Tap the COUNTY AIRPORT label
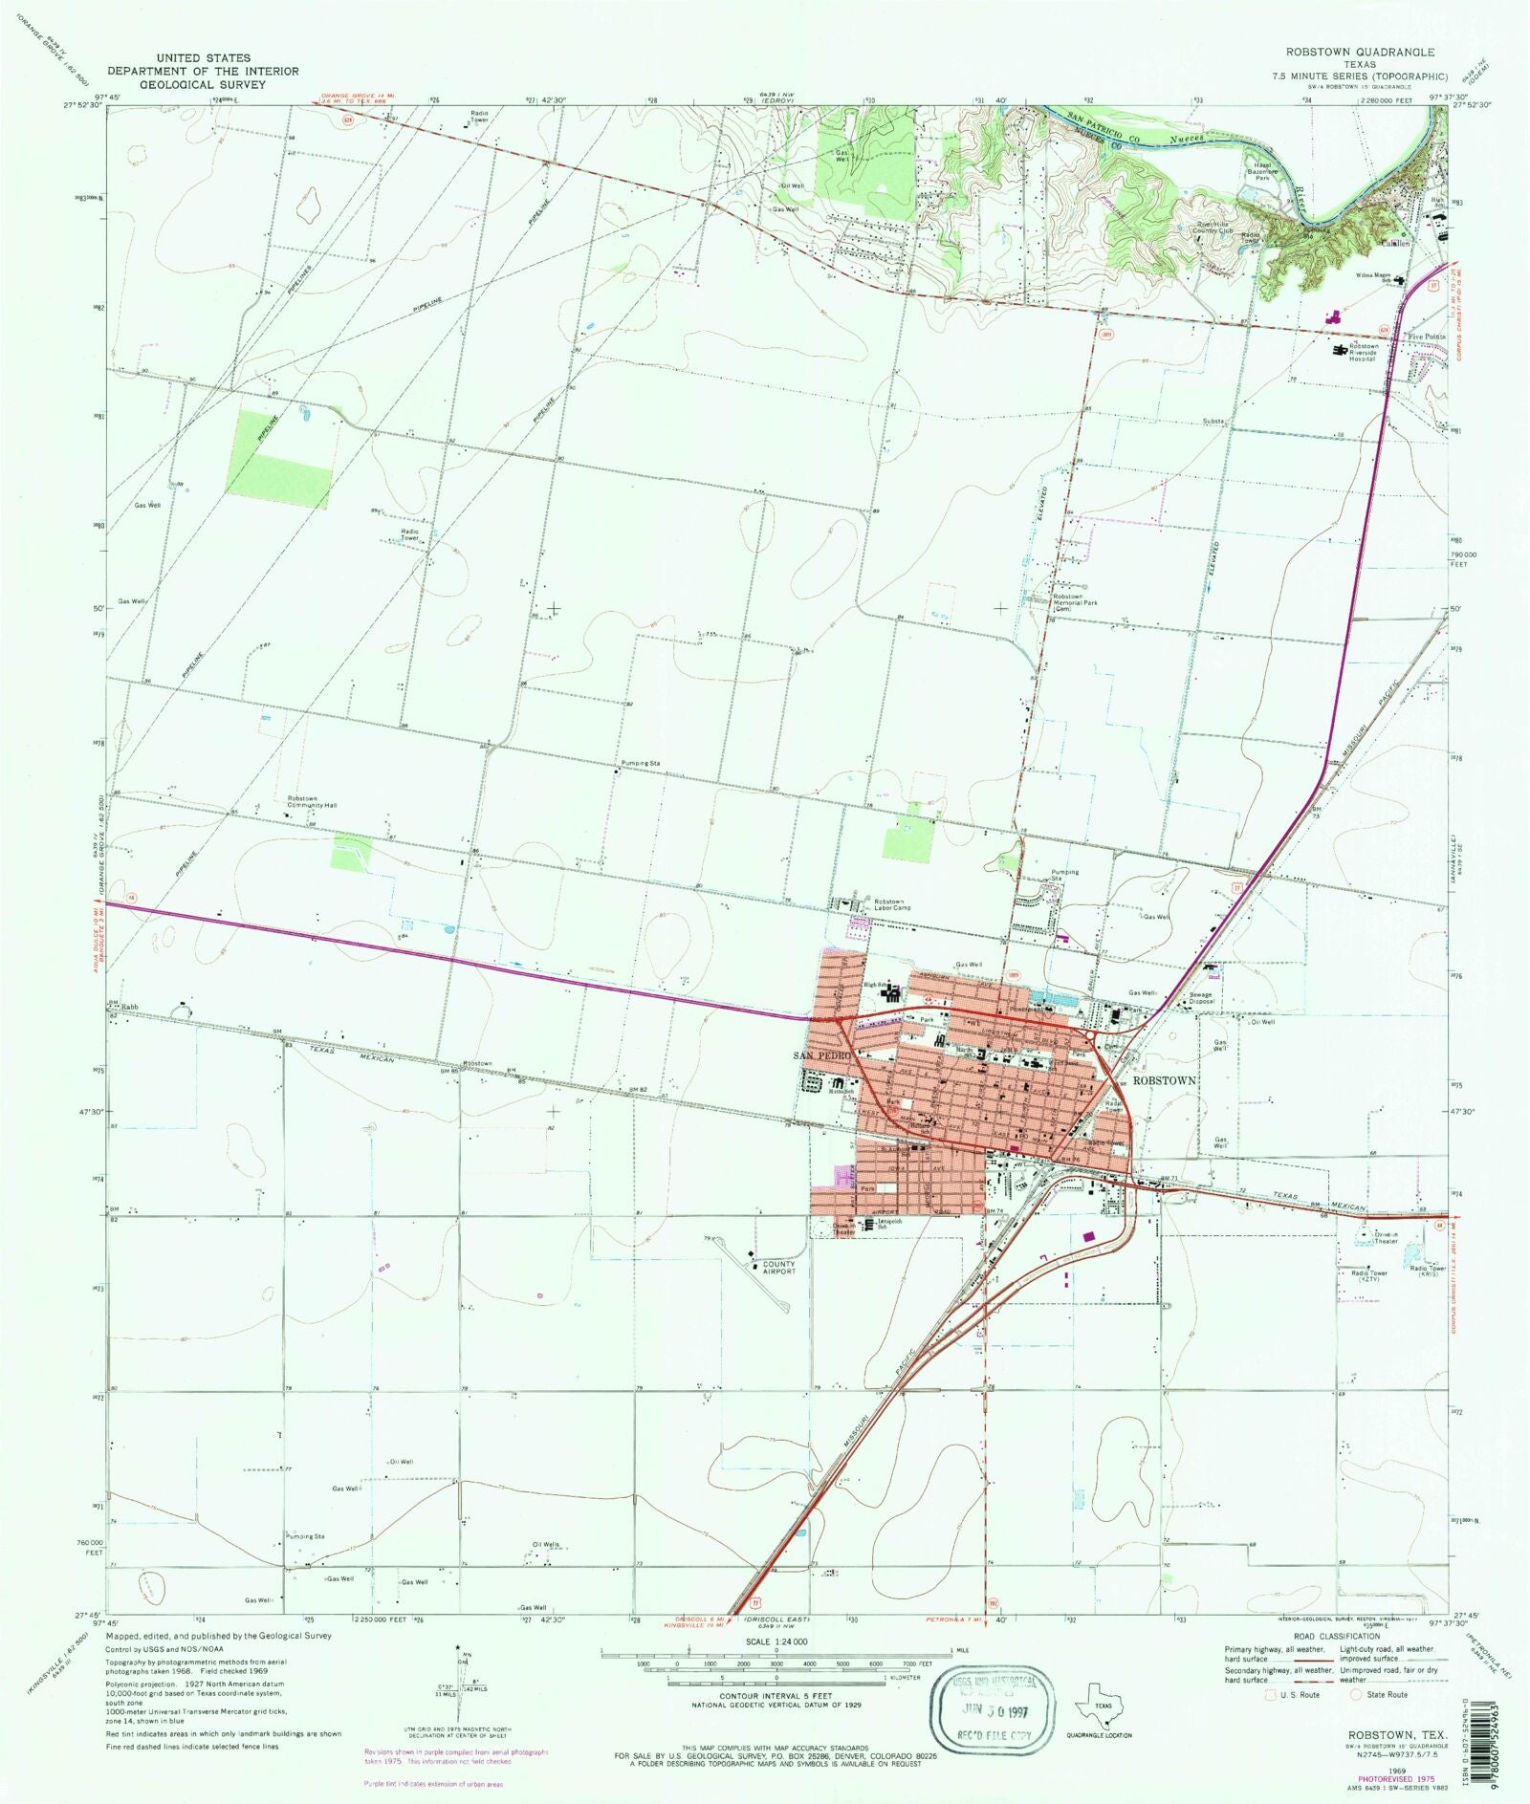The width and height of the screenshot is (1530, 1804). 778,1268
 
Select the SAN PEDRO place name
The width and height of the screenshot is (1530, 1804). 820,1055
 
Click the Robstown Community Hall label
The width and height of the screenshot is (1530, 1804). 312,802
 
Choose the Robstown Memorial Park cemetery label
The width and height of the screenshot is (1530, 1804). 1068,602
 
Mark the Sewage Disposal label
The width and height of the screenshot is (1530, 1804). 1201,998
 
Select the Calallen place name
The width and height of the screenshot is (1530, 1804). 1393,243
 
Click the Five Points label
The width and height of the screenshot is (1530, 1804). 1427,337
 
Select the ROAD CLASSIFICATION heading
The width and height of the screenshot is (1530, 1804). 1336,1637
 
